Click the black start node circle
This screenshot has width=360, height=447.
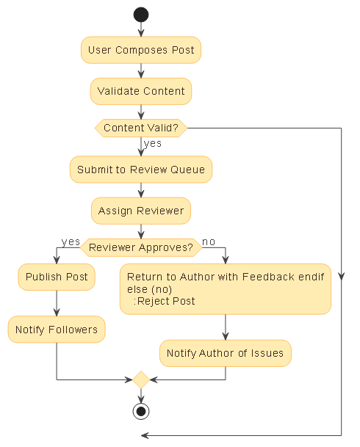click(140, 15)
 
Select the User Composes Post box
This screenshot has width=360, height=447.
click(140, 50)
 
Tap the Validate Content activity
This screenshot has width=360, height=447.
click(140, 92)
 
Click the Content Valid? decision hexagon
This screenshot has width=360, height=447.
click(140, 128)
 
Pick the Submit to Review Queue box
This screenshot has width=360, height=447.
click(141, 170)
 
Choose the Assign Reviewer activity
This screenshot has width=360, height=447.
click(140, 211)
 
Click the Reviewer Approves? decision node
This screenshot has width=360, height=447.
click(140, 247)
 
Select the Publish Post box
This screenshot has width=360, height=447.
click(57, 277)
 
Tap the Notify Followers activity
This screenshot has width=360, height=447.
click(57, 330)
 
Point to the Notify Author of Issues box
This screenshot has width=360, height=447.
click(225, 353)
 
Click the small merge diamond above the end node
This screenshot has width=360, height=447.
click(140, 379)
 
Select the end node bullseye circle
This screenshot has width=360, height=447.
click(140, 410)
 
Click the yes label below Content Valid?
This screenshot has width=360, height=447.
click(153, 144)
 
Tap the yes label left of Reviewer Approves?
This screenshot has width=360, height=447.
click(71, 241)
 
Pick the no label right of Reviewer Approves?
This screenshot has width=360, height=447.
click(209, 241)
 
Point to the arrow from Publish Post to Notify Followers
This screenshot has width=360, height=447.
click(57, 303)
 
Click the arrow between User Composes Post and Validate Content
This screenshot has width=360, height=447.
click(140, 70)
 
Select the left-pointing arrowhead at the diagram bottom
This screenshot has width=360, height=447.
click(145, 435)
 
